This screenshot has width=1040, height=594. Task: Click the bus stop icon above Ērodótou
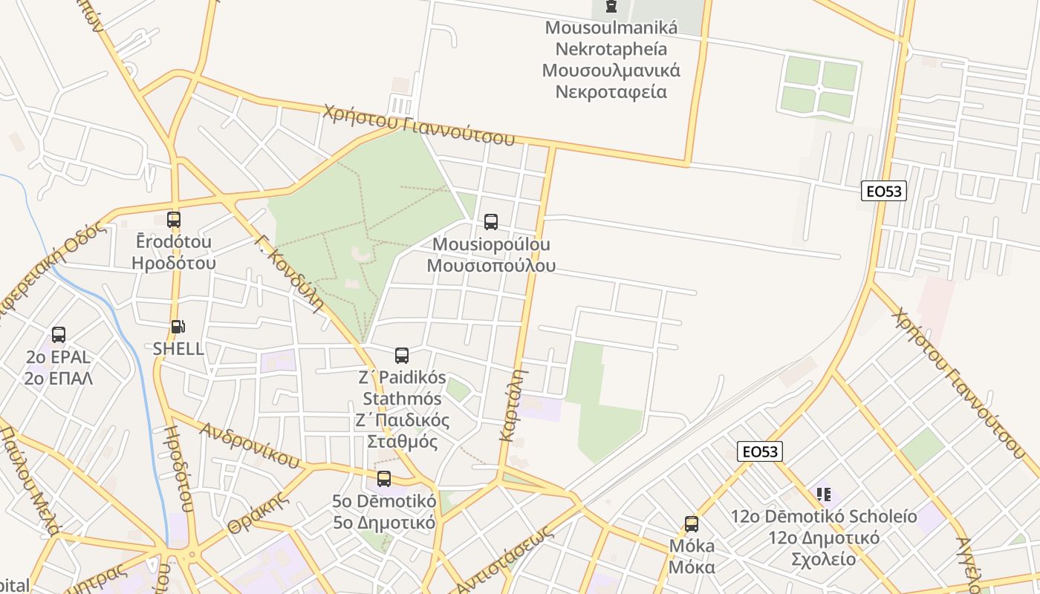pos(173,220)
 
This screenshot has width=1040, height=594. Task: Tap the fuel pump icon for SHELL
pos(178,327)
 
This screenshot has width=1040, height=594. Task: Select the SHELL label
pos(178,349)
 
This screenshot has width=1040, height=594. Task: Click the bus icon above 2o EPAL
pos(59,335)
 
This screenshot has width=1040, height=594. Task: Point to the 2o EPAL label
pos(59,368)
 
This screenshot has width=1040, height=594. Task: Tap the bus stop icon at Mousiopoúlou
pos(490,221)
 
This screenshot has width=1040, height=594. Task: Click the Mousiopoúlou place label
pos(491,255)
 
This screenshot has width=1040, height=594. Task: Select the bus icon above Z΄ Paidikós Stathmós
pos(402,355)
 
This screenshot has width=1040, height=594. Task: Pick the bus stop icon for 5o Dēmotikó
pos(383,479)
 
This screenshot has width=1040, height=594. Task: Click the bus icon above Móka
pos(692,524)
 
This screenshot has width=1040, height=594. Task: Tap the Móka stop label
pos(692,557)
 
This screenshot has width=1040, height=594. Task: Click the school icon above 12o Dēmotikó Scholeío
pos(823,494)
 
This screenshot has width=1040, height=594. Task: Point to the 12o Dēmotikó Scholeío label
pos(823,538)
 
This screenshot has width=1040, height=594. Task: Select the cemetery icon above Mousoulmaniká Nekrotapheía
pos(611,7)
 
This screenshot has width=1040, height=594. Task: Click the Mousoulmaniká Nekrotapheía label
pos(611,60)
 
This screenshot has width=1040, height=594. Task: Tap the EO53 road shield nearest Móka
pos(760,451)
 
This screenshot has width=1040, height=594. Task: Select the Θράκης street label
pos(257,512)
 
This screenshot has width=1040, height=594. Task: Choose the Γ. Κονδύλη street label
pos(289,273)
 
